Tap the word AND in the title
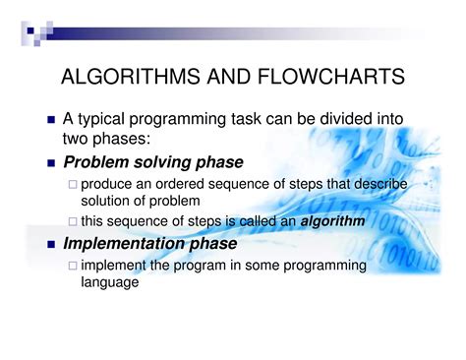[x=219, y=78]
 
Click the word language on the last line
[x=110, y=282]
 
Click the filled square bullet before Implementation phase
[x=51, y=244]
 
